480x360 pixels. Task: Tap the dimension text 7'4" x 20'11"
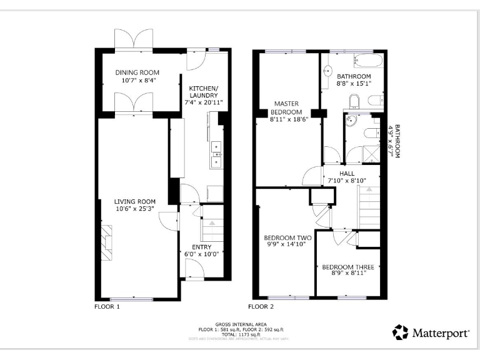(203, 102)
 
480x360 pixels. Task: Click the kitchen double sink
(217, 154)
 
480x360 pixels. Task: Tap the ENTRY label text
(201, 247)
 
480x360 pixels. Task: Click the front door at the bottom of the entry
(194, 270)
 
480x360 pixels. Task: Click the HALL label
(347, 173)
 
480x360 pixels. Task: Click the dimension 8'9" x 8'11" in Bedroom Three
(344, 273)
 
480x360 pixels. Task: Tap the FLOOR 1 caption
(106, 307)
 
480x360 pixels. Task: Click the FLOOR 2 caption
(261, 307)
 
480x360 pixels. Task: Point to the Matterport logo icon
(400, 332)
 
